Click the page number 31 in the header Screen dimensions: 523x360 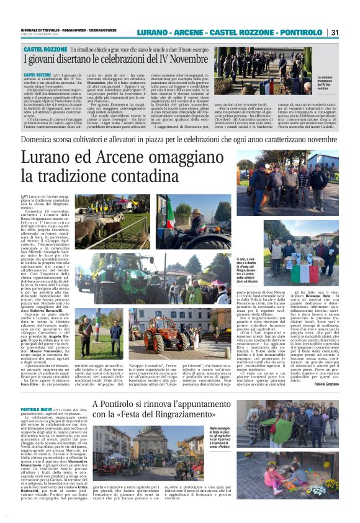click(x=335, y=32)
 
